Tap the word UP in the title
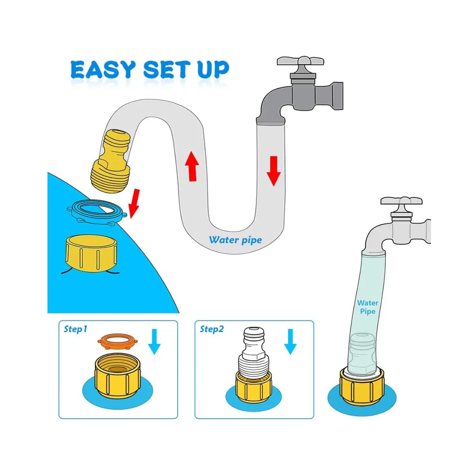[x=213, y=69]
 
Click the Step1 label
[x=76, y=329]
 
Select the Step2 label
[x=212, y=329]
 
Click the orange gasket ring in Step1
[x=117, y=341]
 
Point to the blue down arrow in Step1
[x=154, y=341]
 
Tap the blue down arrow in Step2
[x=291, y=341]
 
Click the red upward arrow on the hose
[x=192, y=166]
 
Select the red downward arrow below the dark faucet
[x=274, y=171]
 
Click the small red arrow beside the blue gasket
[x=134, y=204]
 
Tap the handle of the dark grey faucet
[x=300, y=62]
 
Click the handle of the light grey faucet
[x=402, y=201]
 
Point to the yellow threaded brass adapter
[x=111, y=161]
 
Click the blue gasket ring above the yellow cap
[x=97, y=212]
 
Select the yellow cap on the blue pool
[x=91, y=253]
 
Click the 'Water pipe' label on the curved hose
[x=235, y=240]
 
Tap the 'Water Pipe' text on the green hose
[x=368, y=307]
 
